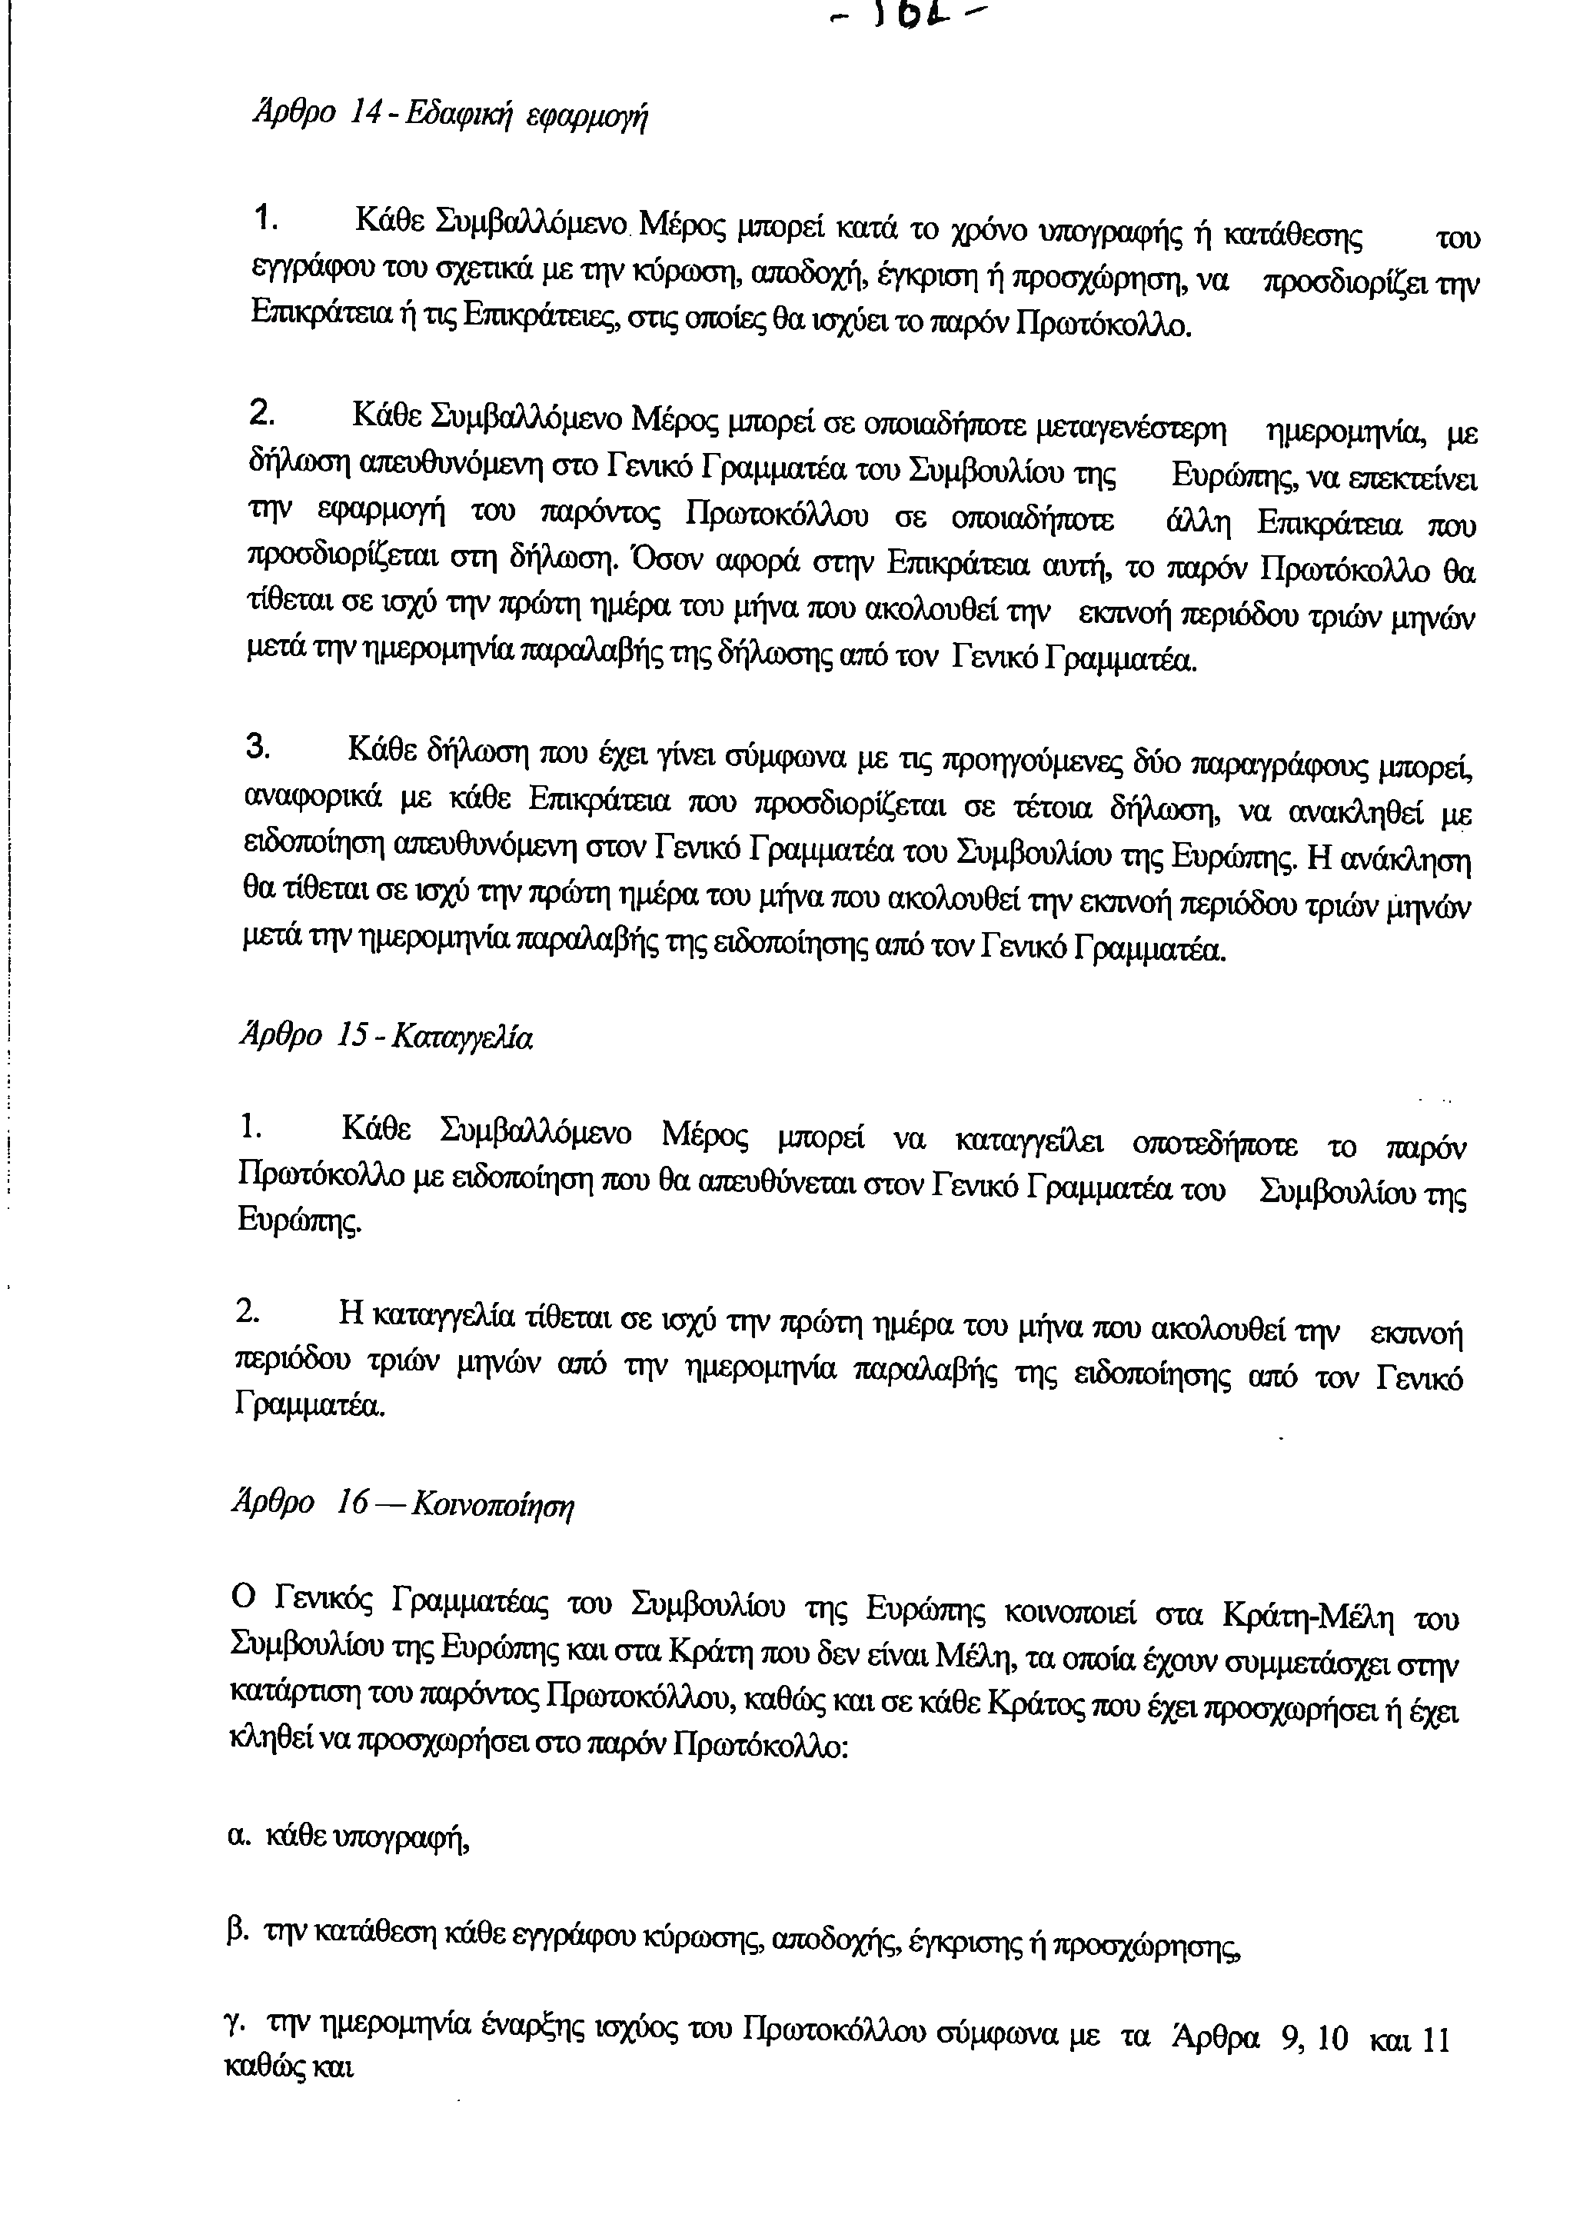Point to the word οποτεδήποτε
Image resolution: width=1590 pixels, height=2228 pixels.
coord(1214,1144)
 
